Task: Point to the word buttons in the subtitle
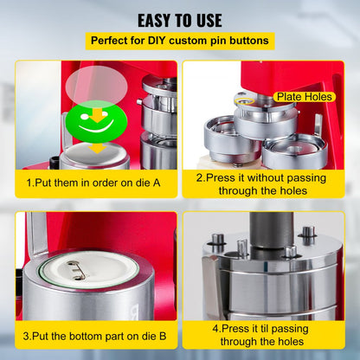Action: point(250,41)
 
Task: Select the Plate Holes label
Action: point(305,97)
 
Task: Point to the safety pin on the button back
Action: point(80,270)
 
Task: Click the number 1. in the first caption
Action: point(30,183)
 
